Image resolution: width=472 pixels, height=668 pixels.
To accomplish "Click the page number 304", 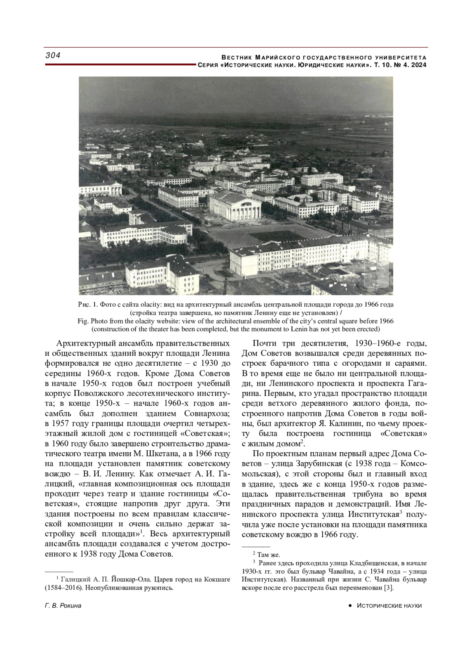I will [x=53, y=56].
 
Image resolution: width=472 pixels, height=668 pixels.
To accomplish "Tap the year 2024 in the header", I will [x=419, y=65].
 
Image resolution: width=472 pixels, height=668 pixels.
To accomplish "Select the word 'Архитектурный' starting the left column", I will [x=84, y=342].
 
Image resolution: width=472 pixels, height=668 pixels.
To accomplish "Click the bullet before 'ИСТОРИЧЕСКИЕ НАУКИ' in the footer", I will [x=350, y=606].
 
